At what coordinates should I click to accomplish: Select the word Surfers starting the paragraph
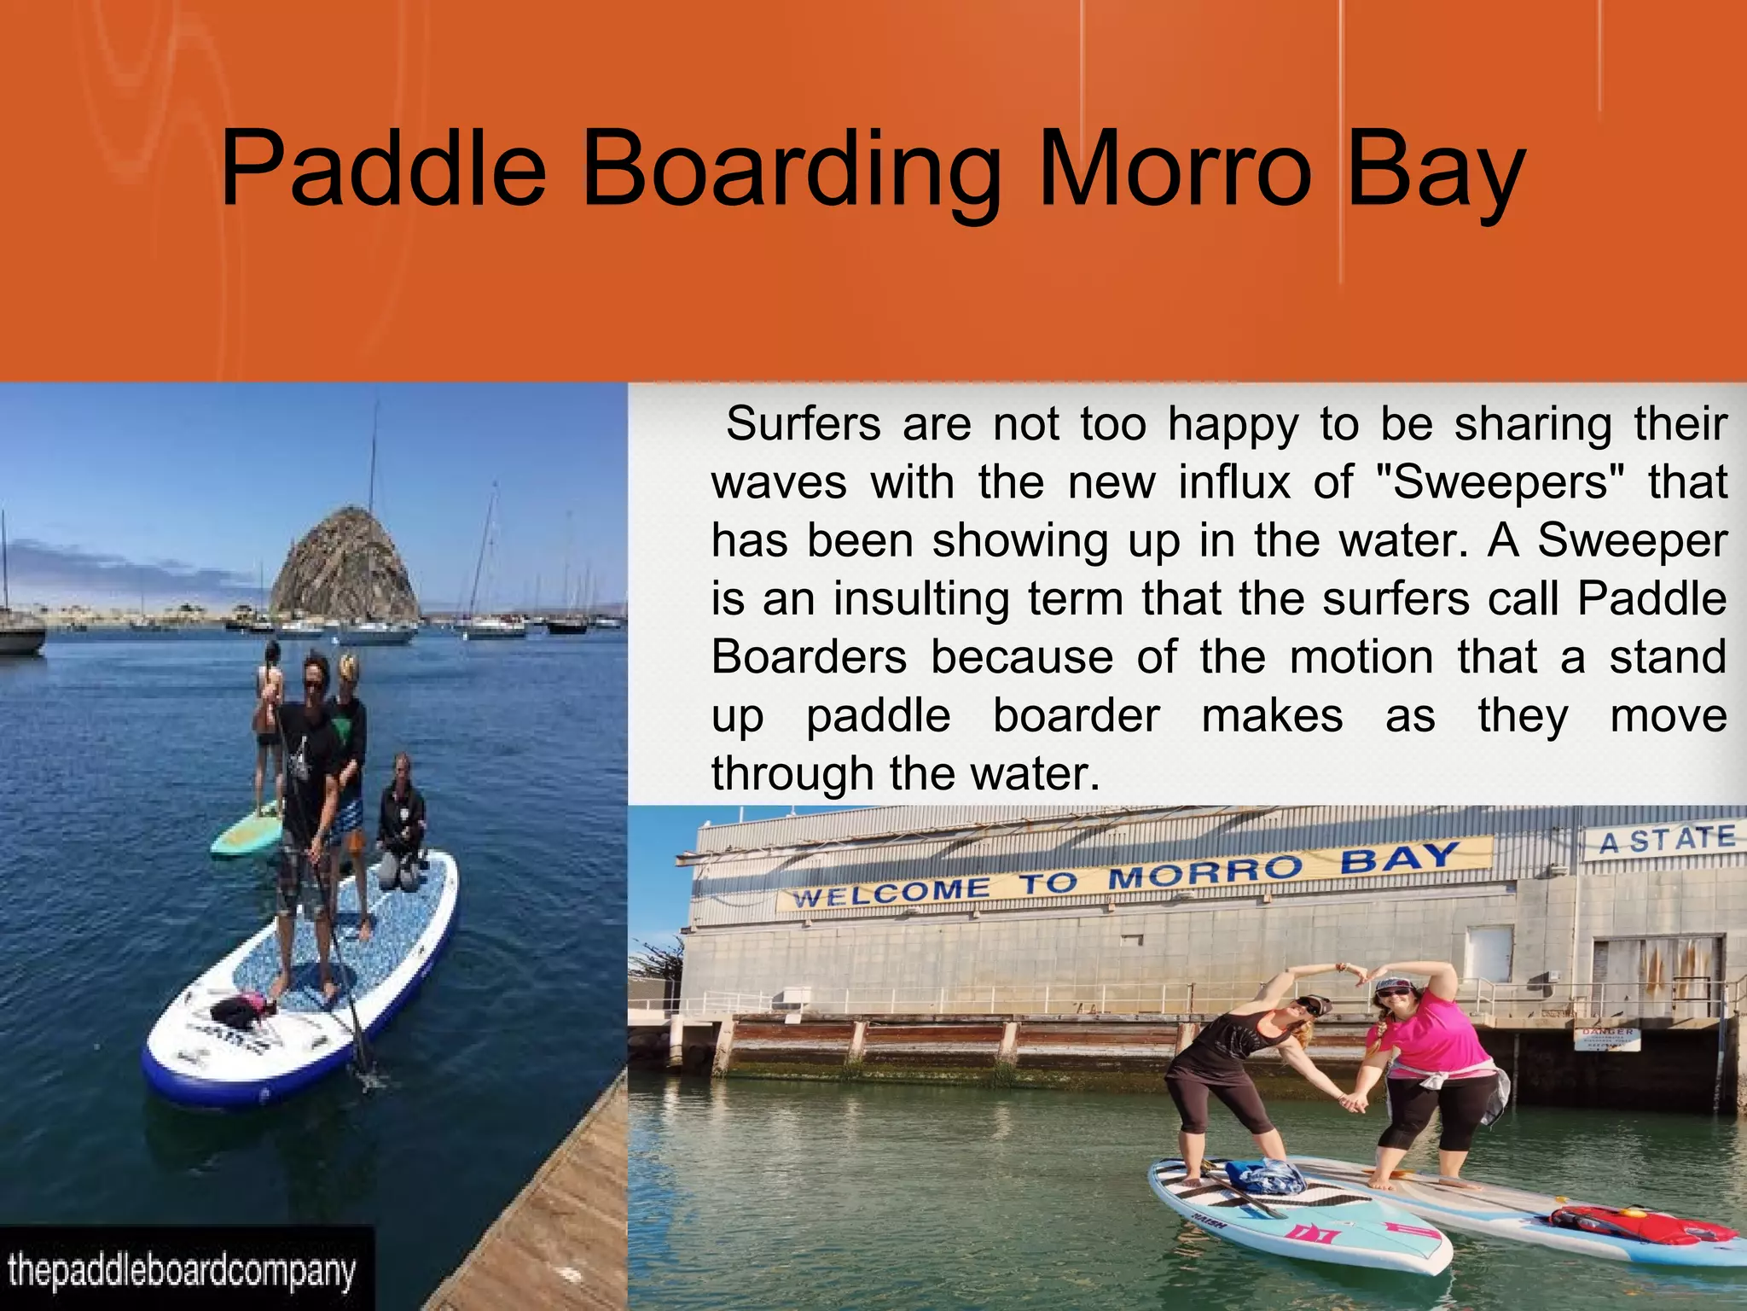[803, 424]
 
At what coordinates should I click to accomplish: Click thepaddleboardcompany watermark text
[182, 1271]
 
